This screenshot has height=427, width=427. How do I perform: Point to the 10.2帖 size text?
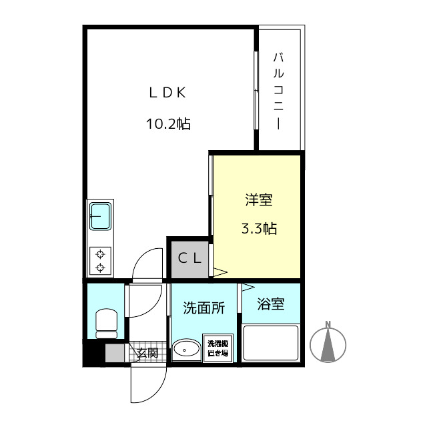pos(168,123)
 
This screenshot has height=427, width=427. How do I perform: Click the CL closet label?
pos(189,258)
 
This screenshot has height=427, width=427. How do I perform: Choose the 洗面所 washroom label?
pos(203,308)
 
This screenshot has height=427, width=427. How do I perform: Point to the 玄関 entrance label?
pos(147,353)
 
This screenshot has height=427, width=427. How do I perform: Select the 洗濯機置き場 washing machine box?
pos(218,348)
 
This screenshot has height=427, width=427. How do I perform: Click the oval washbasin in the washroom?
pos(186,349)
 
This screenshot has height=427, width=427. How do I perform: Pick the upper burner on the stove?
pos(100,254)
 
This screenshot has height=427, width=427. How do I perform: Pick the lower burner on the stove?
pos(100,268)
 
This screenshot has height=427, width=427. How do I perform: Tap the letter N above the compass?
pos(328,325)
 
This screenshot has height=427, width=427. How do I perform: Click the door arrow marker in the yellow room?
pos(220,271)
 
